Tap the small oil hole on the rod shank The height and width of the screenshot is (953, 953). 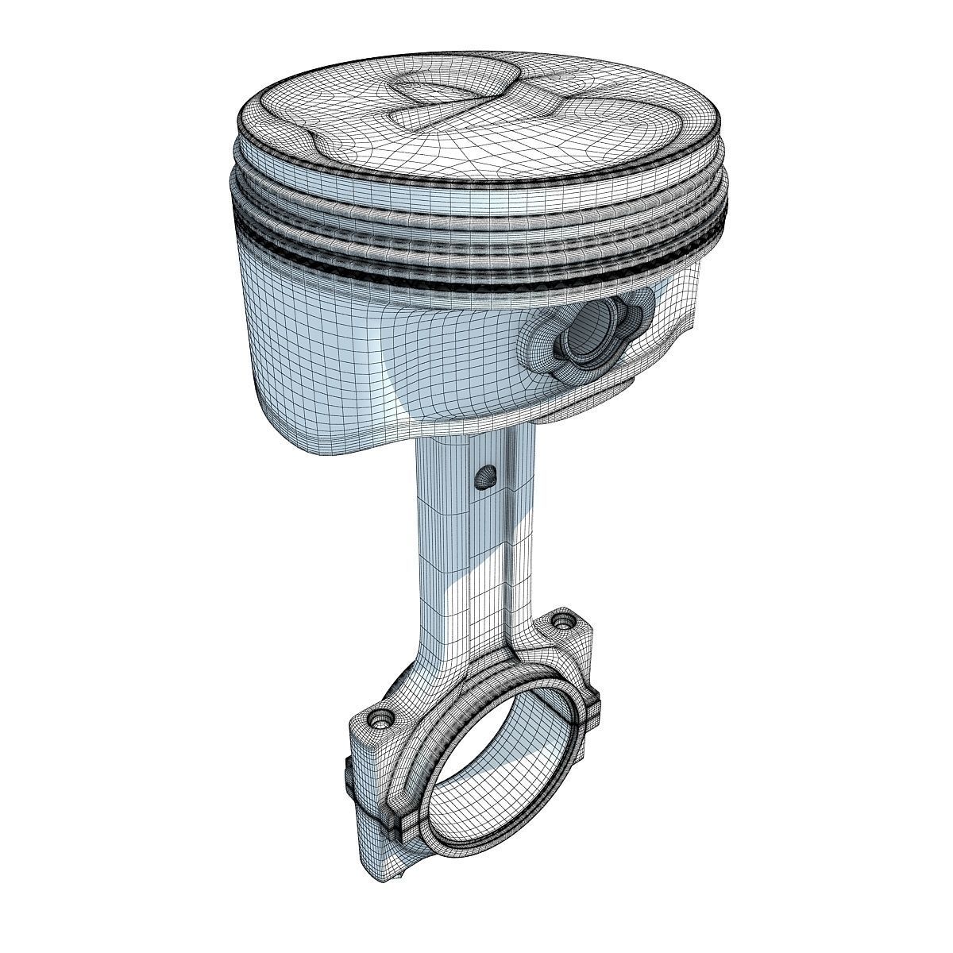tap(484, 476)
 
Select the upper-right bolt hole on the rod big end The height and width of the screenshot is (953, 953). tap(565, 619)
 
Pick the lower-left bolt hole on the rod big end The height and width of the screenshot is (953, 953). tap(382, 719)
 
